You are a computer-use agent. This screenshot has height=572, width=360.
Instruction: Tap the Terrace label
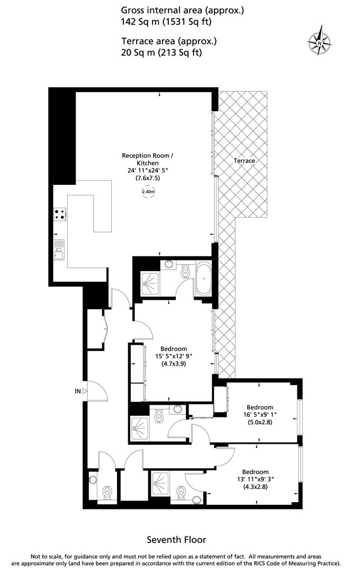[x=244, y=160]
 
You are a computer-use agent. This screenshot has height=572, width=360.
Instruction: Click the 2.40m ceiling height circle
[x=148, y=192]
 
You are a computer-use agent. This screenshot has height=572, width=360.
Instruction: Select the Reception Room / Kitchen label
[x=148, y=159]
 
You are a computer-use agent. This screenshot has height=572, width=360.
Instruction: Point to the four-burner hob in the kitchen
[x=60, y=215]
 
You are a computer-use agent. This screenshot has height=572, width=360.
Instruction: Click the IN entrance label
[x=78, y=391]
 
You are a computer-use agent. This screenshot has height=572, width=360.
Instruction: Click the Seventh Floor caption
[x=176, y=540]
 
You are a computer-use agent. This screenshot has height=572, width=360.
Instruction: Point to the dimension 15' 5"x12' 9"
[x=174, y=356]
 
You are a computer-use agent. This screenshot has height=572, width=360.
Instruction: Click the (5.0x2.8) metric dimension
[x=260, y=422]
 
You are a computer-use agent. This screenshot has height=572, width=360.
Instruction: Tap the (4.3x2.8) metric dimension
[x=255, y=487]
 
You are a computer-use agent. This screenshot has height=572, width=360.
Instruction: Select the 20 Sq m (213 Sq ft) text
[x=161, y=52]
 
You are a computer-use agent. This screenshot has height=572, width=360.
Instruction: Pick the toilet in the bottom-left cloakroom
[x=107, y=493]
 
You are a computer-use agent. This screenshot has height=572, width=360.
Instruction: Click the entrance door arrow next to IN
[x=86, y=391]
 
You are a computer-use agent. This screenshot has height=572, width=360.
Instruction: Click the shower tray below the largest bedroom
[x=140, y=425]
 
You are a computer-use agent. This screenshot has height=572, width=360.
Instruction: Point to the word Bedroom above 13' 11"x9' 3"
[x=255, y=472]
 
